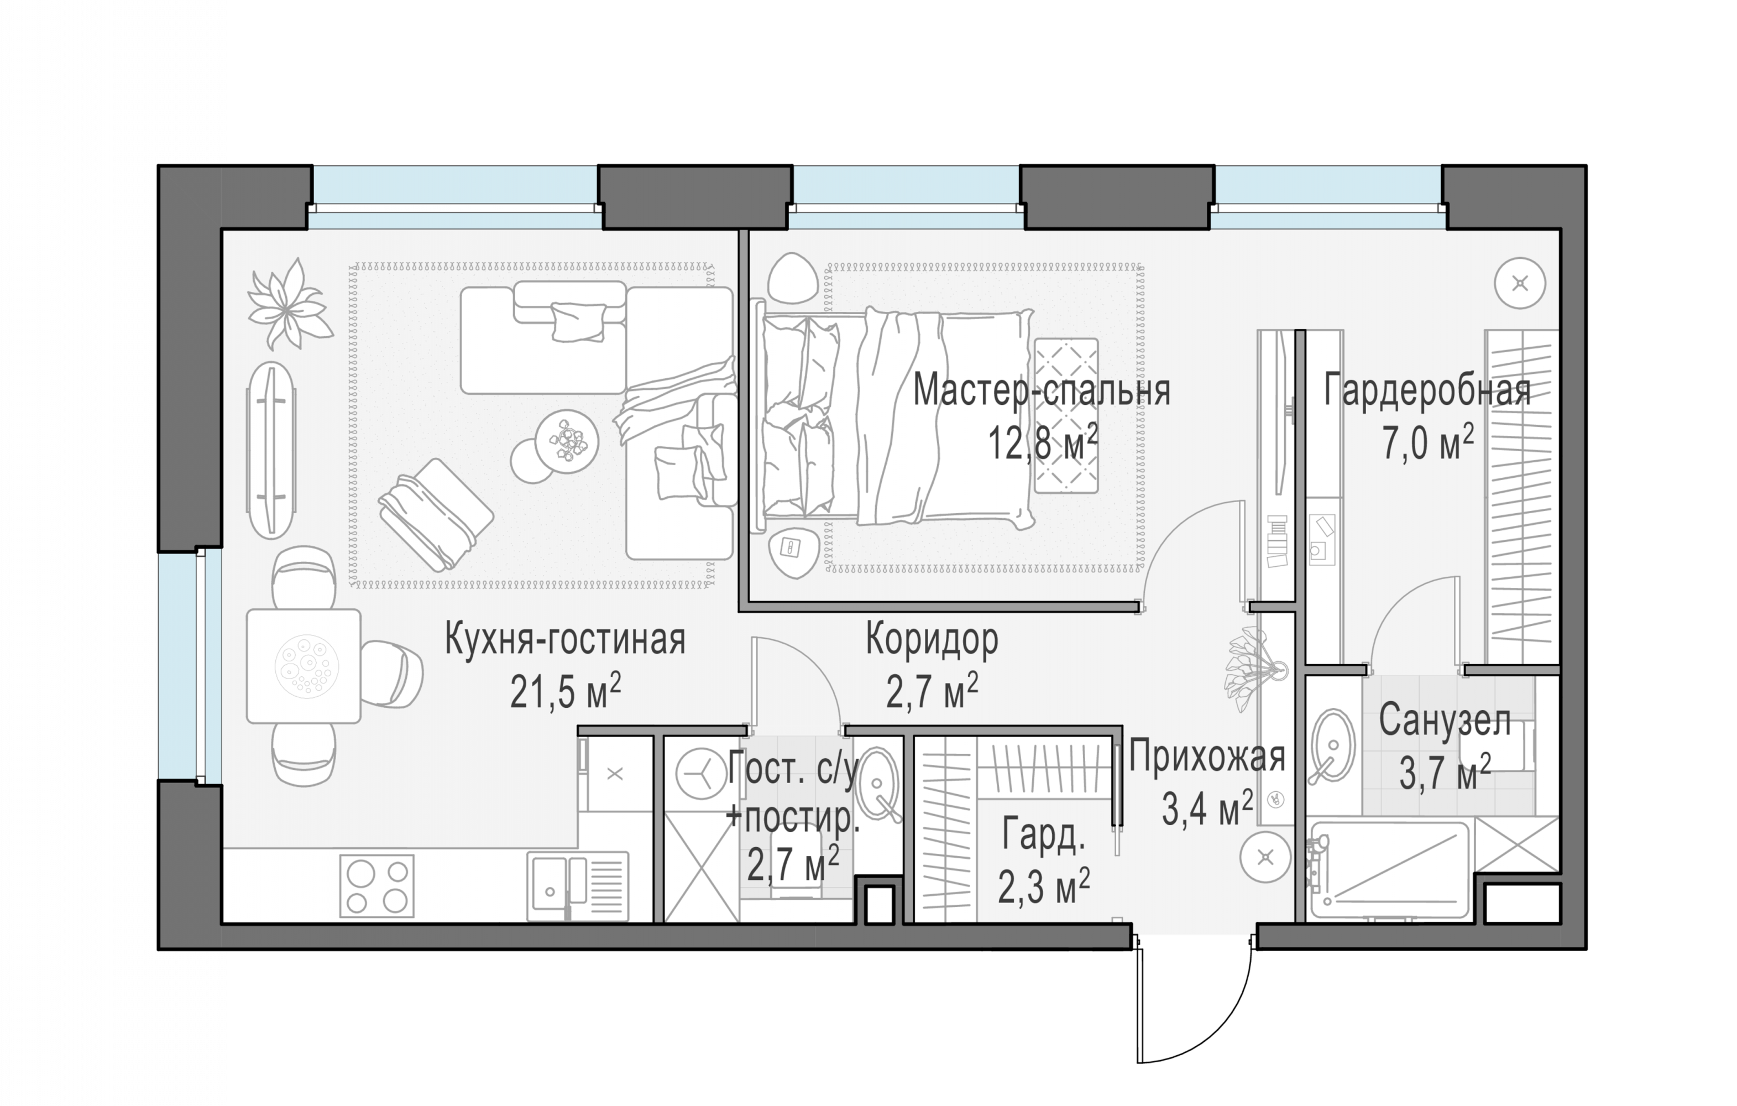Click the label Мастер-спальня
[x=1042, y=390]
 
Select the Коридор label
[x=932, y=639]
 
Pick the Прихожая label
[x=1207, y=757]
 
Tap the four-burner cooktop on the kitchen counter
[x=376, y=886]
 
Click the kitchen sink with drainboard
[x=578, y=886]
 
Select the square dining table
[x=304, y=666]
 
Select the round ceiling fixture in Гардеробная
[x=1520, y=283]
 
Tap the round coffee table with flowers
[x=566, y=441]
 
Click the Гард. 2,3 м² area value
[x=1044, y=886]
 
